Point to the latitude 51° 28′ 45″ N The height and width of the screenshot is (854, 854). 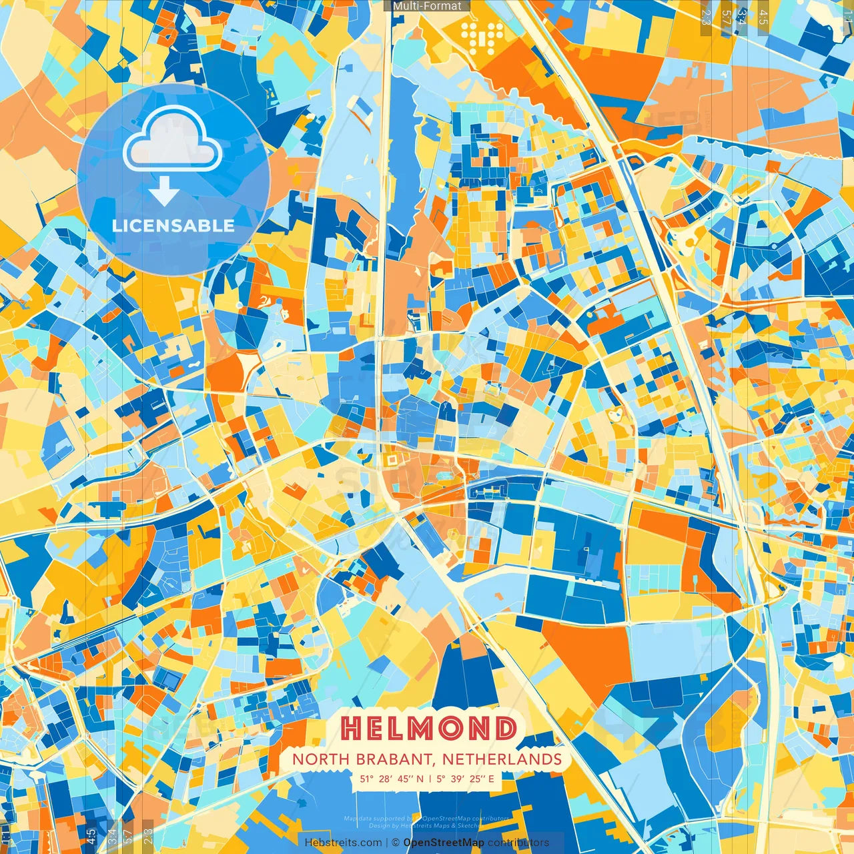tap(392, 778)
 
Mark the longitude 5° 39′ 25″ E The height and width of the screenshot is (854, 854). tap(466, 778)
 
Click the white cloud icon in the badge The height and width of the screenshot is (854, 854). tap(173, 141)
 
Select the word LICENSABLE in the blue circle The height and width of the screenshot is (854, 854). tap(173, 226)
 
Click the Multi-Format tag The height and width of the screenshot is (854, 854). tap(427, 6)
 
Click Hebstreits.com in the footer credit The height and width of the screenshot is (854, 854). tap(343, 843)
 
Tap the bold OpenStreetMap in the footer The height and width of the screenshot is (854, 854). tap(444, 843)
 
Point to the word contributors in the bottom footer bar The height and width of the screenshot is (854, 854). tap(518, 843)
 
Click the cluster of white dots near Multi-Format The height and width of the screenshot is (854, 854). tap(482, 37)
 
